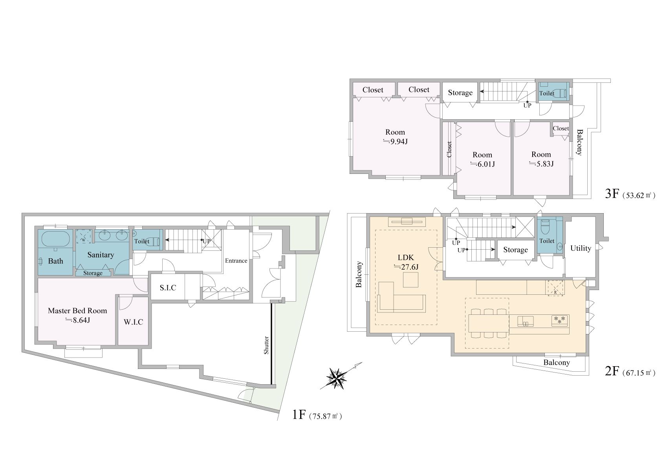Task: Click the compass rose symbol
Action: point(337,378)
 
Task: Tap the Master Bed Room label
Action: point(77,311)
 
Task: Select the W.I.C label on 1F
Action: point(134,322)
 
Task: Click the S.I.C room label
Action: point(168,288)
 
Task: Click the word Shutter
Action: point(266,345)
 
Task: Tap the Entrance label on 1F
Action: point(236,261)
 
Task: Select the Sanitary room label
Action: point(101,255)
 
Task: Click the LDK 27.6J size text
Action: point(406,267)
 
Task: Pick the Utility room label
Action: point(581,248)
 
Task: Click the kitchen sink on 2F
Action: point(525,321)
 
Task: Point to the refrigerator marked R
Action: point(555,288)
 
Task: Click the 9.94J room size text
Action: point(396,142)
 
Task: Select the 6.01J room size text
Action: point(483,164)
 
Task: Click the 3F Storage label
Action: point(460,93)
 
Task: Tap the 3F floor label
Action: point(612,194)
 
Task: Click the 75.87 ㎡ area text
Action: point(326,416)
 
